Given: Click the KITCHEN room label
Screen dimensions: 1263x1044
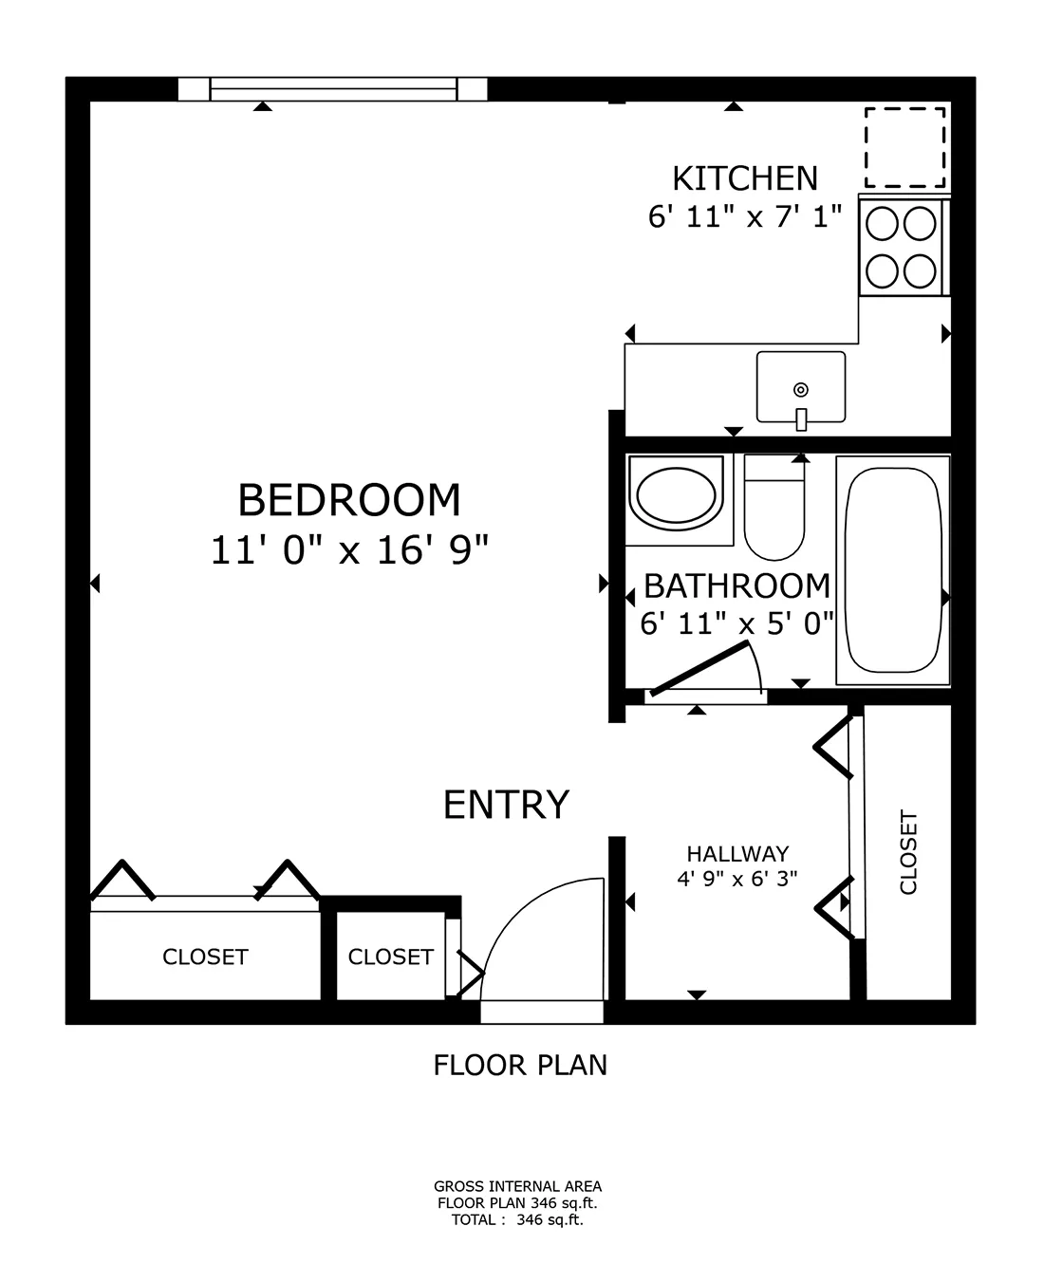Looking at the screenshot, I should (x=744, y=178).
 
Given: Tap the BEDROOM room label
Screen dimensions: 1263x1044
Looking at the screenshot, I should (x=348, y=500).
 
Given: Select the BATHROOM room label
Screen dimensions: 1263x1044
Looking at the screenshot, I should (x=736, y=586).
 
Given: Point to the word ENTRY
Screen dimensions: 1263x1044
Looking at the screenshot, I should (x=506, y=805).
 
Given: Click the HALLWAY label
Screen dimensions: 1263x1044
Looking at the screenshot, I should (x=737, y=853).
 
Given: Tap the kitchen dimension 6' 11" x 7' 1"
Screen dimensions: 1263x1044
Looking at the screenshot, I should (x=745, y=217).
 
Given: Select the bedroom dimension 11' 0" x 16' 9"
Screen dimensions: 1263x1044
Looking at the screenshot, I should (x=348, y=549).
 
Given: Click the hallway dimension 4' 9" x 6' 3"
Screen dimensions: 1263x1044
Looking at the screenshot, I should (x=737, y=878).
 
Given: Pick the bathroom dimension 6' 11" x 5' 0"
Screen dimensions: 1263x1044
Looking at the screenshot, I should (x=736, y=623).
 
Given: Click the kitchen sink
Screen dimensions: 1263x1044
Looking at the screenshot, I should (x=800, y=387).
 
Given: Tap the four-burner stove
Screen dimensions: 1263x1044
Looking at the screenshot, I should (x=902, y=247).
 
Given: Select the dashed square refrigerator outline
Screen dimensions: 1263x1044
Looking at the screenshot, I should (x=904, y=147).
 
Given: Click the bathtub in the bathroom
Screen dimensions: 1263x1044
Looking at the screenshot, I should (x=892, y=569).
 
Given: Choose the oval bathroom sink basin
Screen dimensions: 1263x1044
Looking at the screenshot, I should (x=678, y=496).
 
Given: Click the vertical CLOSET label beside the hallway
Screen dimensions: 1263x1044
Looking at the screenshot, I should (x=908, y=851).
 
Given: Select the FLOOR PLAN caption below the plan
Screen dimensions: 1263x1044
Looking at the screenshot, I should (x=519, y=1065).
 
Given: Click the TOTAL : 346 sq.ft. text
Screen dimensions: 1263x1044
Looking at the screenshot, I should (x=517, y=1220).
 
